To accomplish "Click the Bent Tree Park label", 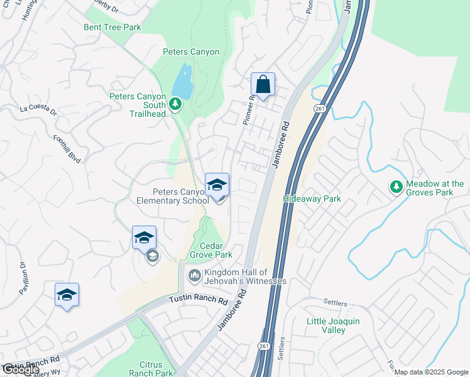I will pyautogui.click(x=112, y=28).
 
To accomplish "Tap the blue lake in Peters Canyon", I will pyautogui.click(x=182, y=80).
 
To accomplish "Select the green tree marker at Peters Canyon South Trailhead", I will pyautogui.click(x=177, y=102).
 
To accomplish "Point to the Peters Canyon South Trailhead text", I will pyautogui.click(x=138, y=105).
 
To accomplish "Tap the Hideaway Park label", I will pyautogui.click(x=312, y=199).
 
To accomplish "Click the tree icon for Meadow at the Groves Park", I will pyautogui.click(x=396, y=186).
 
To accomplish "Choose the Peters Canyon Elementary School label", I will pyautogui.click(x=172, y=196).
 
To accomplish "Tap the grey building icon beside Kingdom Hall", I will pyautogui.click(x=194, y=276).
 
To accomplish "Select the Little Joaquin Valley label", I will pyautogui.click(x=333, y=325).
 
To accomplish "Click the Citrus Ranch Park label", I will pyautogui.click(x=151, y=369).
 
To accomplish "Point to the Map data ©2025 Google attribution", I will pyautogui.click(x=430, y=372).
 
